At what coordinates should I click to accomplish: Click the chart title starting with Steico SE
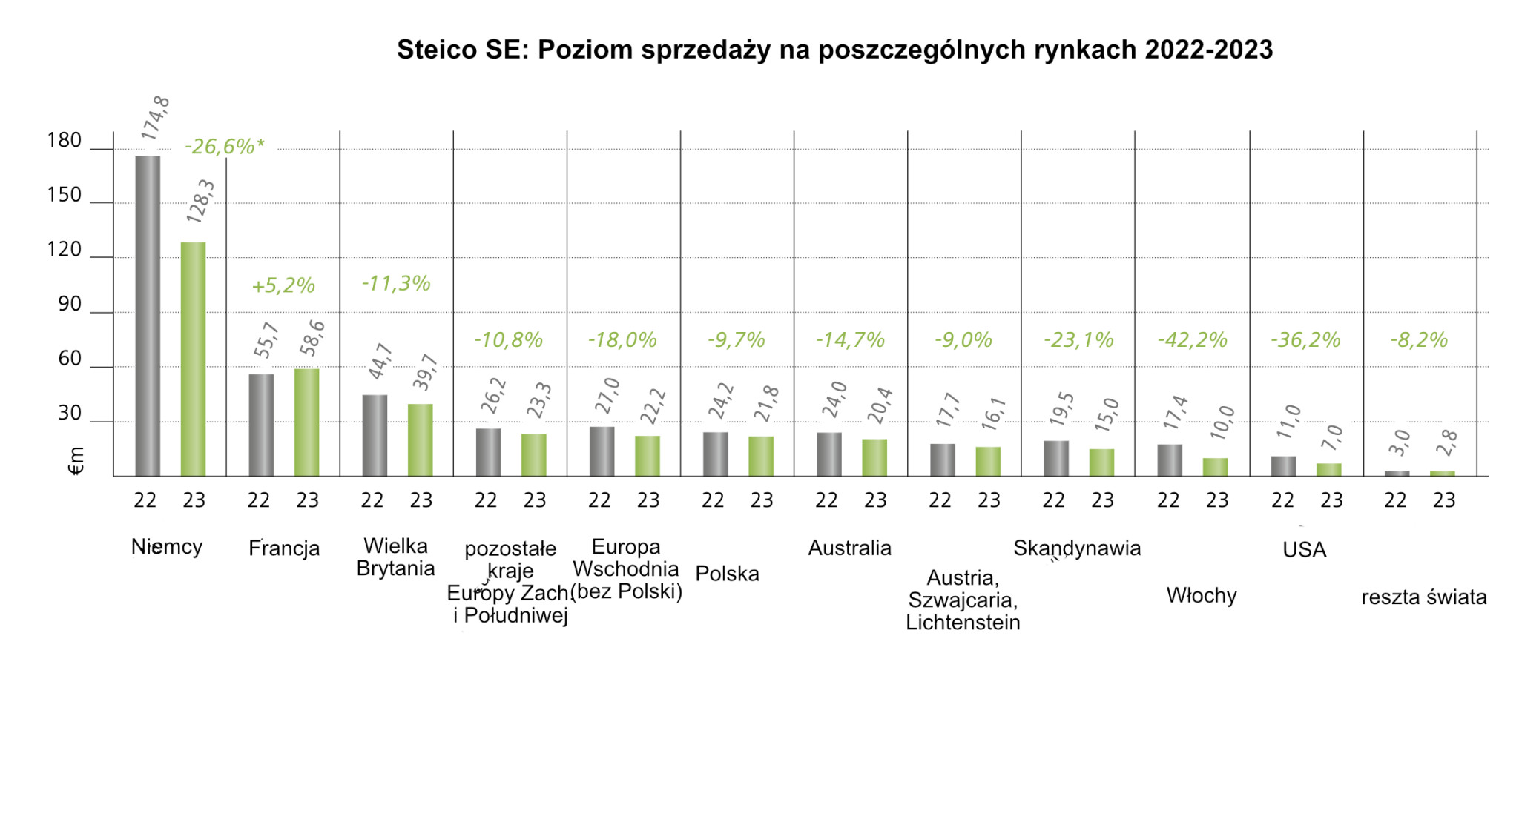click(834, 50)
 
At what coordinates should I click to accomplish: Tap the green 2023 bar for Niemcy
click(194, 359)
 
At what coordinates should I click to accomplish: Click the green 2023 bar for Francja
click(307, 422)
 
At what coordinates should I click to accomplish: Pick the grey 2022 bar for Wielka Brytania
click(375, 436)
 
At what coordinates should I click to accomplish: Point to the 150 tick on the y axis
click(65, 195)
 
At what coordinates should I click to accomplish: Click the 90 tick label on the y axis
click(70, 304)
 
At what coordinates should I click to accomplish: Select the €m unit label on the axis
click(76, 460)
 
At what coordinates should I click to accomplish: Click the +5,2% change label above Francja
click(283, 285)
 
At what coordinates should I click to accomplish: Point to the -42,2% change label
click(1192, 339)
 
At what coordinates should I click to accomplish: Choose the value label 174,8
click(155, 119)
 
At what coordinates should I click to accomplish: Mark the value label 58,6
click(312, 338)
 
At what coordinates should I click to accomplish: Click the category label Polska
click(727, 574)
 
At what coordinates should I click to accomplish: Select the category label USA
click(1304, 549)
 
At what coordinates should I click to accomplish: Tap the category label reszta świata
click(1424, 597)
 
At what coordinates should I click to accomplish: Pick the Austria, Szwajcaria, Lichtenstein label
click(963, 600)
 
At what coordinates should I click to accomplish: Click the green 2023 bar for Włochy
click(1215, 467)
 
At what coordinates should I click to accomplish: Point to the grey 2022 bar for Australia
click(829, 454)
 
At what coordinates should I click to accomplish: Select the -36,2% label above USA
click(1305, 339)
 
